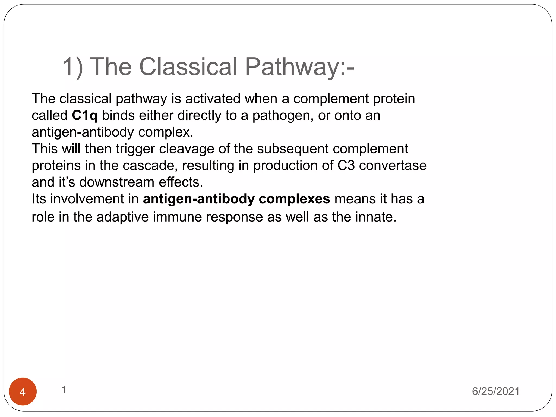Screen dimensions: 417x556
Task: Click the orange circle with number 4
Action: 23,391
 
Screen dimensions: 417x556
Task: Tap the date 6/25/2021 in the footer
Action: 495,391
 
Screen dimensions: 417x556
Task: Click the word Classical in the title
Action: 188,67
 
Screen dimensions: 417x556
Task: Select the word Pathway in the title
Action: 292,67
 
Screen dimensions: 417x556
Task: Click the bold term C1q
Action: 85,116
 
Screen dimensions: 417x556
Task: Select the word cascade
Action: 150,165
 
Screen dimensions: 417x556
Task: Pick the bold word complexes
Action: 294,199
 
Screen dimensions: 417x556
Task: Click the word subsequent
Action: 293,149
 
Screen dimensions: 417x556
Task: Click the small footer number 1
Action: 64,390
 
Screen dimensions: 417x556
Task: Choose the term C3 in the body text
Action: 346,165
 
